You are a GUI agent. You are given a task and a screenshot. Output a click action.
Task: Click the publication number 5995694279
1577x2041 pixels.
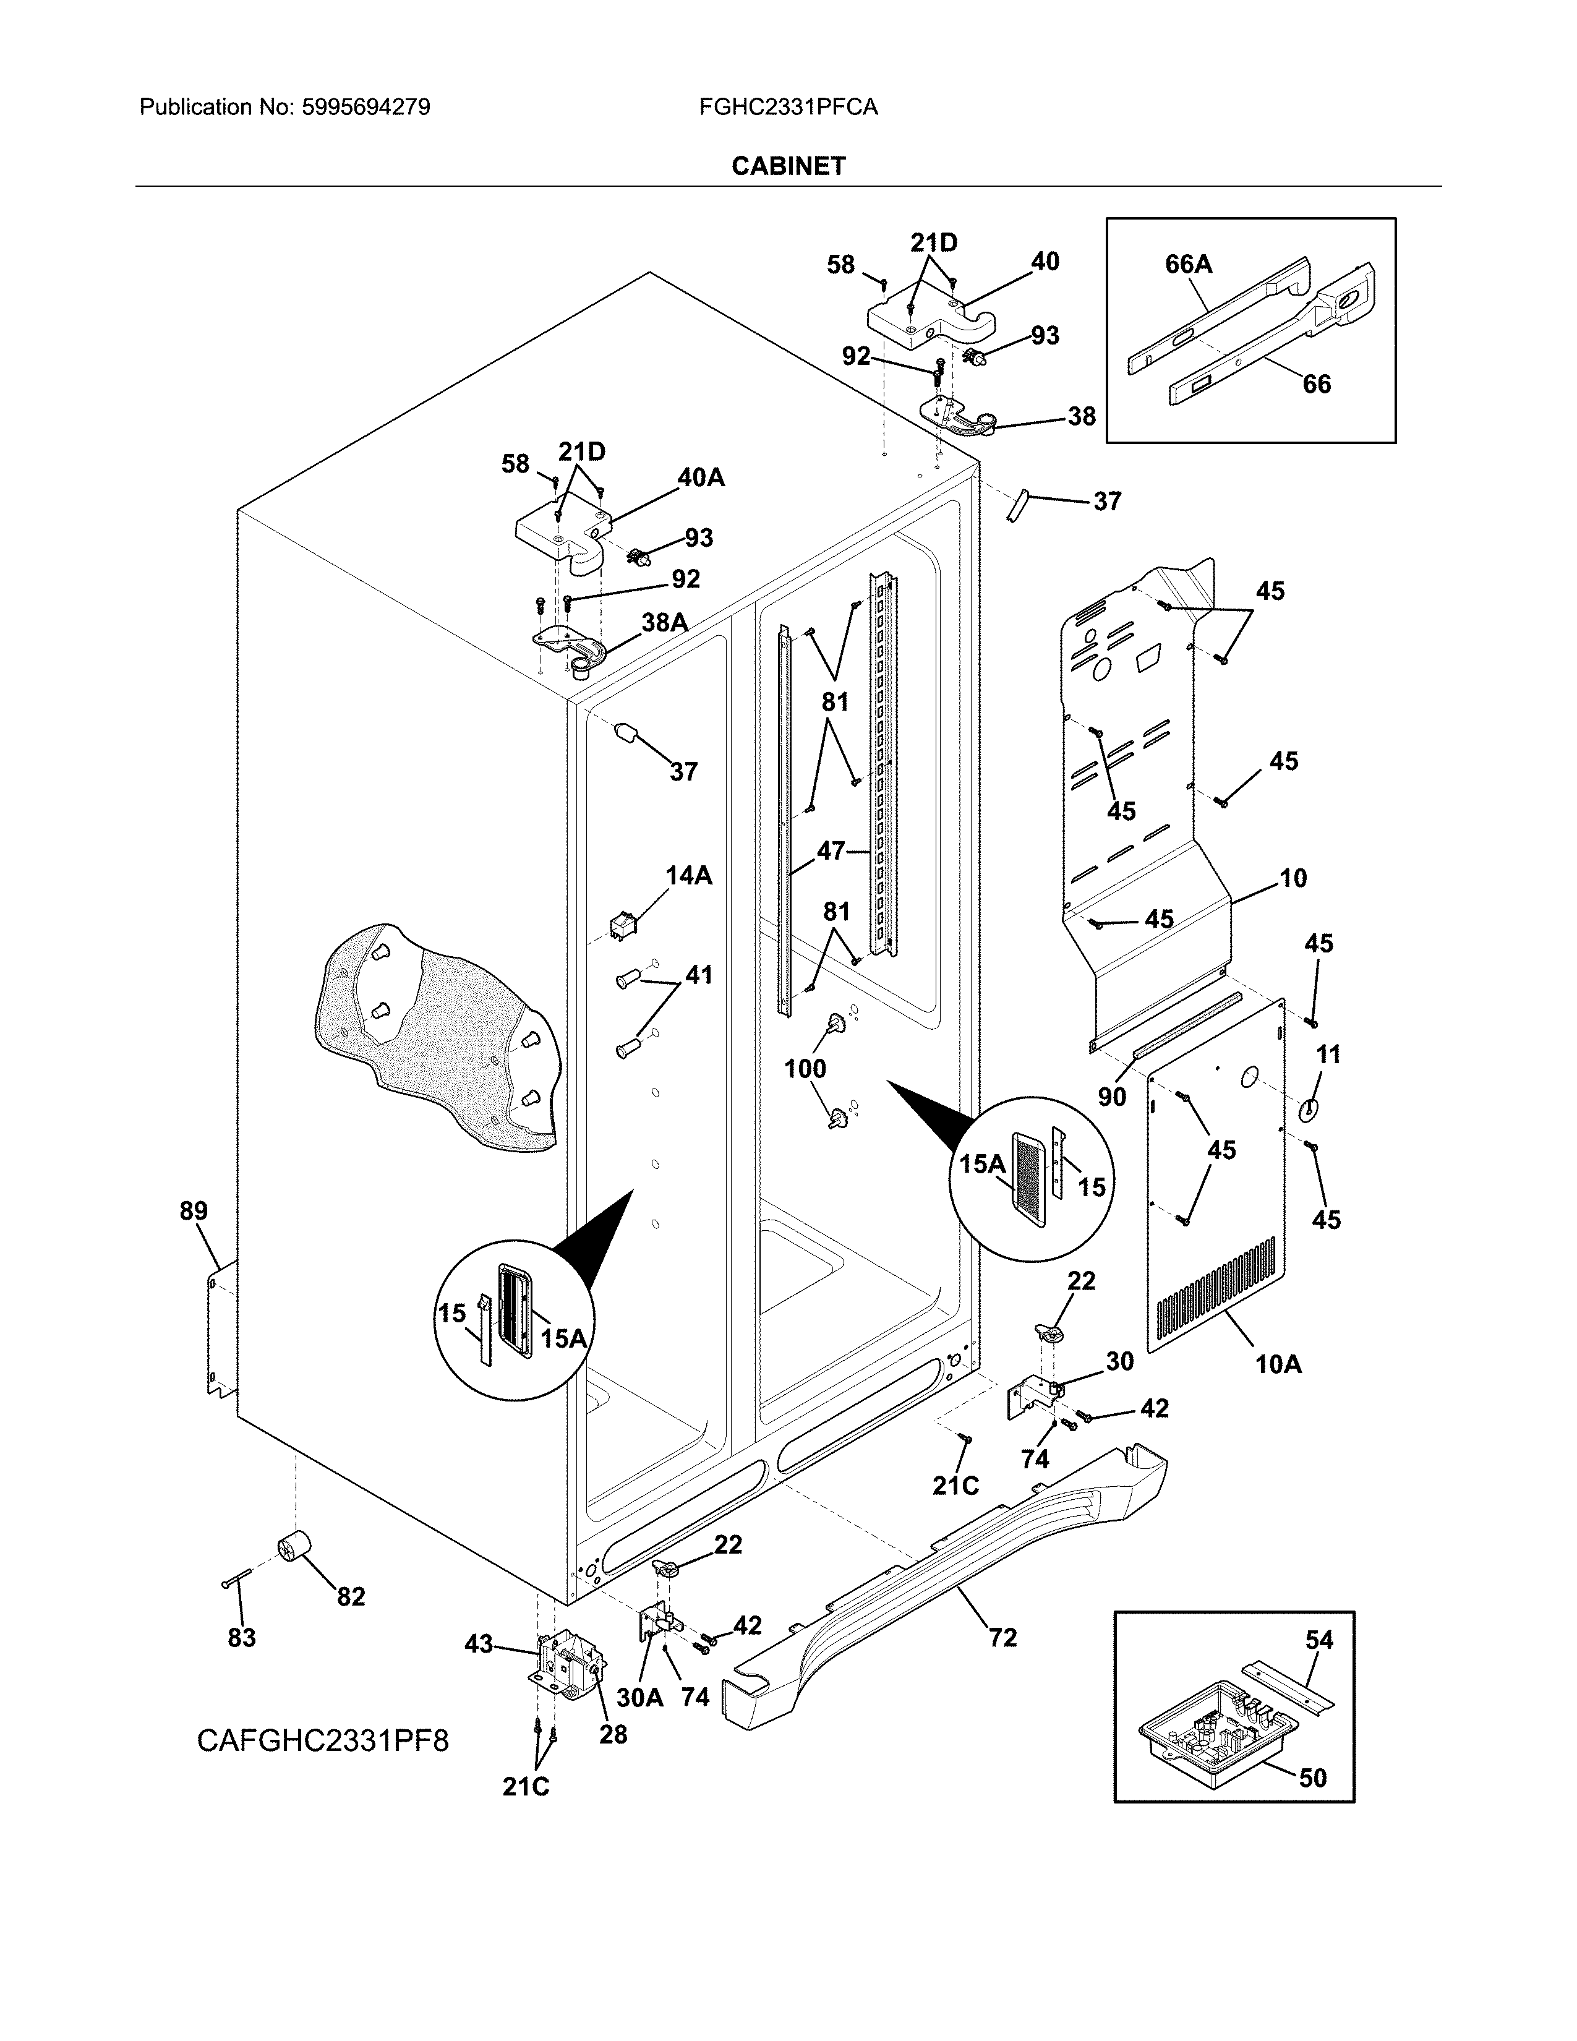pyautogui.click(x=365, y=108)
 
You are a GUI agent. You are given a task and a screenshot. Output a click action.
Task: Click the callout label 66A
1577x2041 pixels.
pyautogui.click(x=1189, y=265)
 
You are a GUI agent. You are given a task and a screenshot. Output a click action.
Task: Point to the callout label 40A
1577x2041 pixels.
pyautogui.click(x=701, y=477)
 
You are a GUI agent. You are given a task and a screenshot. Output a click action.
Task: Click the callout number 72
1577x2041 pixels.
pyautogui.click(x=1002, y=1637)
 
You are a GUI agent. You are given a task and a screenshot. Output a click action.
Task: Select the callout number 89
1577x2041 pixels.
pyautogui.click(x=194, y=1211)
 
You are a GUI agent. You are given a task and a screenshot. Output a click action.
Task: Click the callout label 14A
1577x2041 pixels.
pyautogui.click(x=688, y=876)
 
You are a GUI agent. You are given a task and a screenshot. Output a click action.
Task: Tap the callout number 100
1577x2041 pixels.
pyautogui.click(x=805, y=1068)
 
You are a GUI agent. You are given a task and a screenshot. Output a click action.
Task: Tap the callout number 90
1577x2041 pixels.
pyautogui.click(x=1112, y=1096)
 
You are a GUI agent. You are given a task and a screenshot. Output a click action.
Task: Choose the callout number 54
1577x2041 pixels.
pyautogui.click(x=1319, y=1640)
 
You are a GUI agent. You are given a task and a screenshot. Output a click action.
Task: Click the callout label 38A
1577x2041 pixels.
pyautogui.click(x=664, y=622)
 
